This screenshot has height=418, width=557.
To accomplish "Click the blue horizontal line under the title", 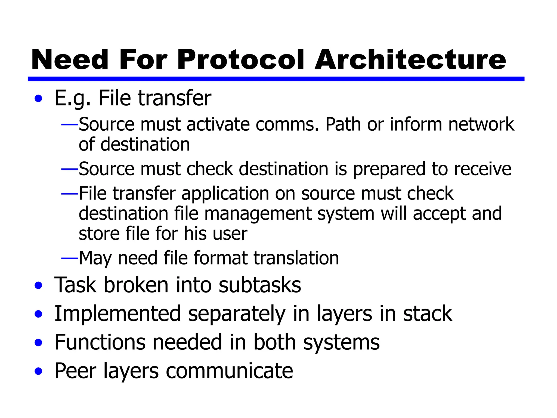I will pyautogui.click(x=276, y=79).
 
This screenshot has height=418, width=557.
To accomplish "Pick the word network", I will pyautogui.click(x=481, y=124).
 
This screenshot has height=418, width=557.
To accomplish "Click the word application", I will pyautogui.click(x=225, y=194).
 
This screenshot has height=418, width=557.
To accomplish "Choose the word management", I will pyautogui.click(x=258, y=214).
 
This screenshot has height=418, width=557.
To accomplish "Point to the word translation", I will pyautogui.click(x=296, y=258).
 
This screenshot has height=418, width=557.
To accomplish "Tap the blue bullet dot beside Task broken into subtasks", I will pyautogui.click(x=39, y=285).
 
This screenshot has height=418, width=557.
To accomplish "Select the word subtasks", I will pyautogui.click(x=260, y=285).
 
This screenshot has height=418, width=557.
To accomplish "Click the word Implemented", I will pyautogui.click(x=117, y=314).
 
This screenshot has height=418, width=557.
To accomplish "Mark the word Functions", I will pyautogui.click(x=100, y=342).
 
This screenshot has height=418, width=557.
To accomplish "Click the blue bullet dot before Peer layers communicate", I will pyautogui.click(x=39, y=371).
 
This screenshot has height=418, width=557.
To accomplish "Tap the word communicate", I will pyautogui.click(x=229, y=371).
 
